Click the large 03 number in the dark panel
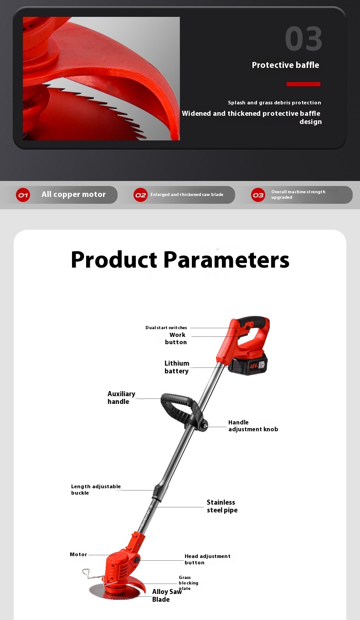click(x=303, y=38)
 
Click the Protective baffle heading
click(x=285, y=65)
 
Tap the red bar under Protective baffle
click(x=303, y=84)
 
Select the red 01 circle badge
click(x=23, y=195)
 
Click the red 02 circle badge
click(x=140, y=195)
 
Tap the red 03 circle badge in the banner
click(x=258, y=195)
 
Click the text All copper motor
click(x=74, y=194)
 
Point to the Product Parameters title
click(x=180, y=260)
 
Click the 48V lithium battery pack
click(x=248, y=363)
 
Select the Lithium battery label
click(x=176, y=367)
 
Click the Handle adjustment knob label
click(x=253, y=426)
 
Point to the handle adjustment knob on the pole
click(x=205, y=426)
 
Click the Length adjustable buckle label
click(x=96, y=489)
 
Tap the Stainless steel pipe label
click(x=222, y=506)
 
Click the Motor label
click(x=78, y=554)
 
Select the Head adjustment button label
click(x=207, y=559)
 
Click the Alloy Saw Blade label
click(x=167, y=595)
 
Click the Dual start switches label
click(x=166, y=327)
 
